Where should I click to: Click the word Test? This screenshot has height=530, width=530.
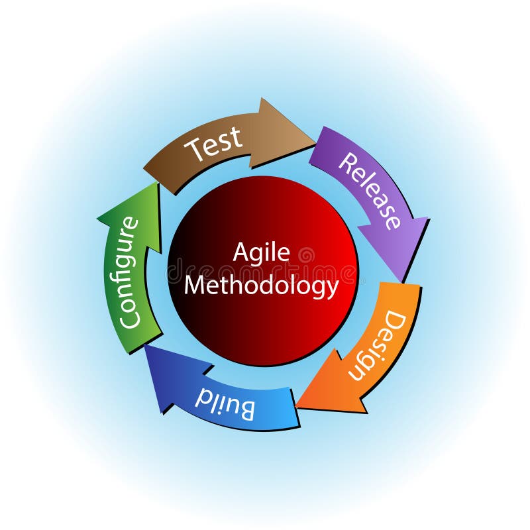[213, 144]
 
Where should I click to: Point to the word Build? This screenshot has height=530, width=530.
[225, 404]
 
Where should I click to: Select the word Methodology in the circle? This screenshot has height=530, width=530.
[261, 286]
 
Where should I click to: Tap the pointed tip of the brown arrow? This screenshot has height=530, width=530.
[316, 143]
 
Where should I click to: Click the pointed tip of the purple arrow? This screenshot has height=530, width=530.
[402, 281]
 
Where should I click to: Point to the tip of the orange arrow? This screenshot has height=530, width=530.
[296, 406]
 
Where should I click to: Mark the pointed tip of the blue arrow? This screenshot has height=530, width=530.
[144, 345]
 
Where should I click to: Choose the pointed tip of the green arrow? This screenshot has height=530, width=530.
[158, 183]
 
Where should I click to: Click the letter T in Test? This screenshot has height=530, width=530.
[195, 150]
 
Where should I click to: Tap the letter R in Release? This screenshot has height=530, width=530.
[348, 162]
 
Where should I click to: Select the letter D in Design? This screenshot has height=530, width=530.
[396, 321]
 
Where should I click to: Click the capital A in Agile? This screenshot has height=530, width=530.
[240, 252]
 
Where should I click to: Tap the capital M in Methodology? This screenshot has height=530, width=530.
[195, 285]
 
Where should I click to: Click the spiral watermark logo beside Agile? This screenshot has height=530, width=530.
[307, 255]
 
